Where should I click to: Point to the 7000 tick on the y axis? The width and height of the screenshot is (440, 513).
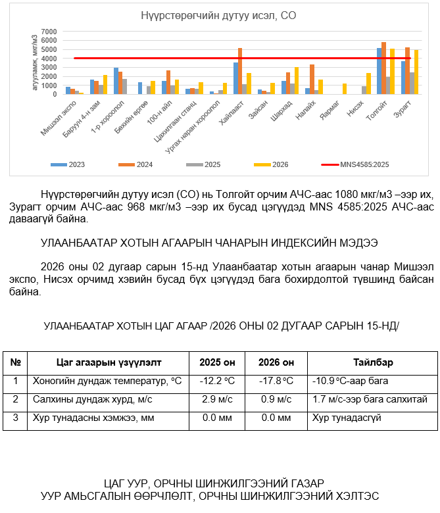click(x=49, y=32)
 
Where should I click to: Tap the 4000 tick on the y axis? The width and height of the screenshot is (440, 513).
click(x=49, y=59)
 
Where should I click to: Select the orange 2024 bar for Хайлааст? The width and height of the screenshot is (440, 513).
click(x=240, y=71)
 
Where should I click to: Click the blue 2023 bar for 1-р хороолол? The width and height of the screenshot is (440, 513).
click(x=116, y=81)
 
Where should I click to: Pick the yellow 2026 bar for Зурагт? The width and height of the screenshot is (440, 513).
click(x=416, y=72)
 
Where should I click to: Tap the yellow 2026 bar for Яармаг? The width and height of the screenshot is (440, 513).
click(x=344, y=89)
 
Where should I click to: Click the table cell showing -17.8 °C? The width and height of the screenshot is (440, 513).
click(x=275, y=381)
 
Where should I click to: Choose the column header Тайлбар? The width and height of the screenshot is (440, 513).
click(x=373, y=362)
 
